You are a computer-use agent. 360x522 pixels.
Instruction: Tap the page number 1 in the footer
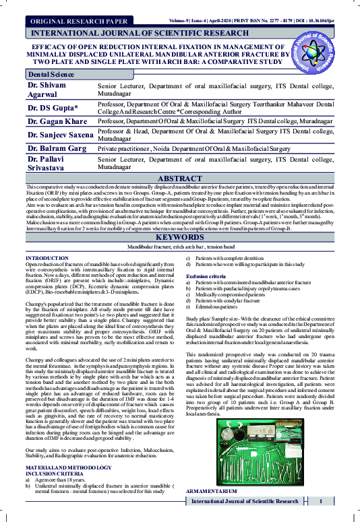[321, 520]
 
